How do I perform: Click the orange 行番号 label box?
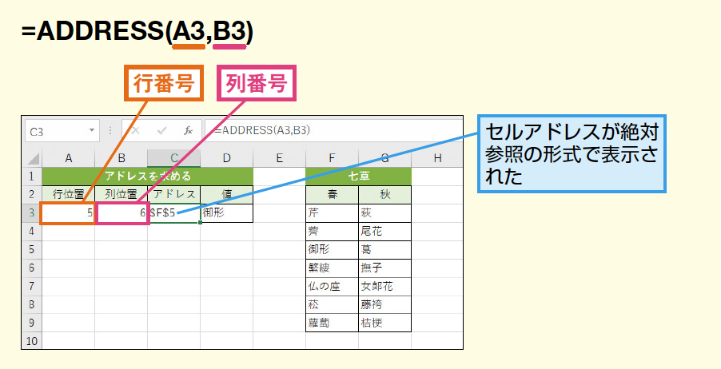163,82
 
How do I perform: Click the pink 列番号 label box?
257,82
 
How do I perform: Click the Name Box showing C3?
60,131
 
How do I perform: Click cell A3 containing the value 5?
68,212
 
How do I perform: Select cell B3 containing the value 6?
121,212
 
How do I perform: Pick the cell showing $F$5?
173,212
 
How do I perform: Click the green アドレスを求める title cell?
148,176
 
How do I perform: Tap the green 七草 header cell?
358,176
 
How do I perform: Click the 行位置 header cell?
68,194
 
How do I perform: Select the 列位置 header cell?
121,194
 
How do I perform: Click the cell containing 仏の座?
332,286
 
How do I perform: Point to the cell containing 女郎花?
384,286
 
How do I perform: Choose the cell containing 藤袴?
384,304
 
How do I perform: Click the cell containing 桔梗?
384,323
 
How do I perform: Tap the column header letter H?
437,158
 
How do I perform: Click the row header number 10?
31,341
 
